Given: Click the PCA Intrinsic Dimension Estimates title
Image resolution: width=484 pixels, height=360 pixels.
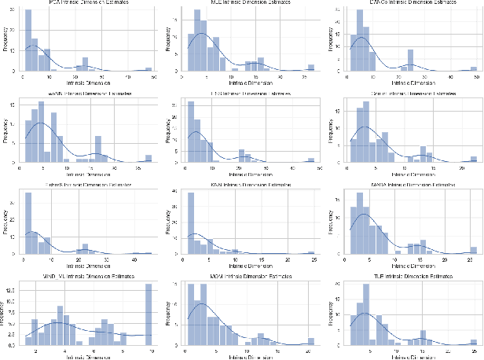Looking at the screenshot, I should pyautogui.click(x=84, y=4).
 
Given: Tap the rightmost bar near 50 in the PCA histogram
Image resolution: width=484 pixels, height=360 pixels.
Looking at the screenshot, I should pyautogui.click(x=148, y=69).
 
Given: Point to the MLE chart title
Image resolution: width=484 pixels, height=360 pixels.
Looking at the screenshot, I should pyautogui.click(x=247, y=4).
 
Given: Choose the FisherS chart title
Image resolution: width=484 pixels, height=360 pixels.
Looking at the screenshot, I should pyautogui.click(x=84, y=184).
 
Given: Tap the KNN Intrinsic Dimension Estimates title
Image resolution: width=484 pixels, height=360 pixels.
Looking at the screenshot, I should pyautogui.click(x=247, y=184).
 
